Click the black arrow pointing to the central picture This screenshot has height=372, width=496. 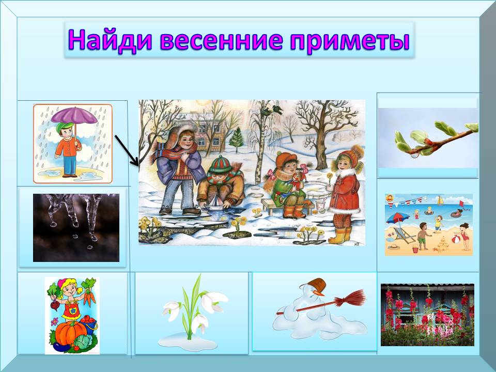click(x=127, y=150)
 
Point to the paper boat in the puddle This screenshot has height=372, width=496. click(x=215, y=203)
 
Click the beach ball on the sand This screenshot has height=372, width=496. click(x=456, y=238)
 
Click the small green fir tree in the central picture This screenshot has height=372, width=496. click(x=237, y=140)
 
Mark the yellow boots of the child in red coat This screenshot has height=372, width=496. click(x=340, y=235)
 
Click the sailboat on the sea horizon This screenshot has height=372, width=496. click(x=439, y=200)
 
